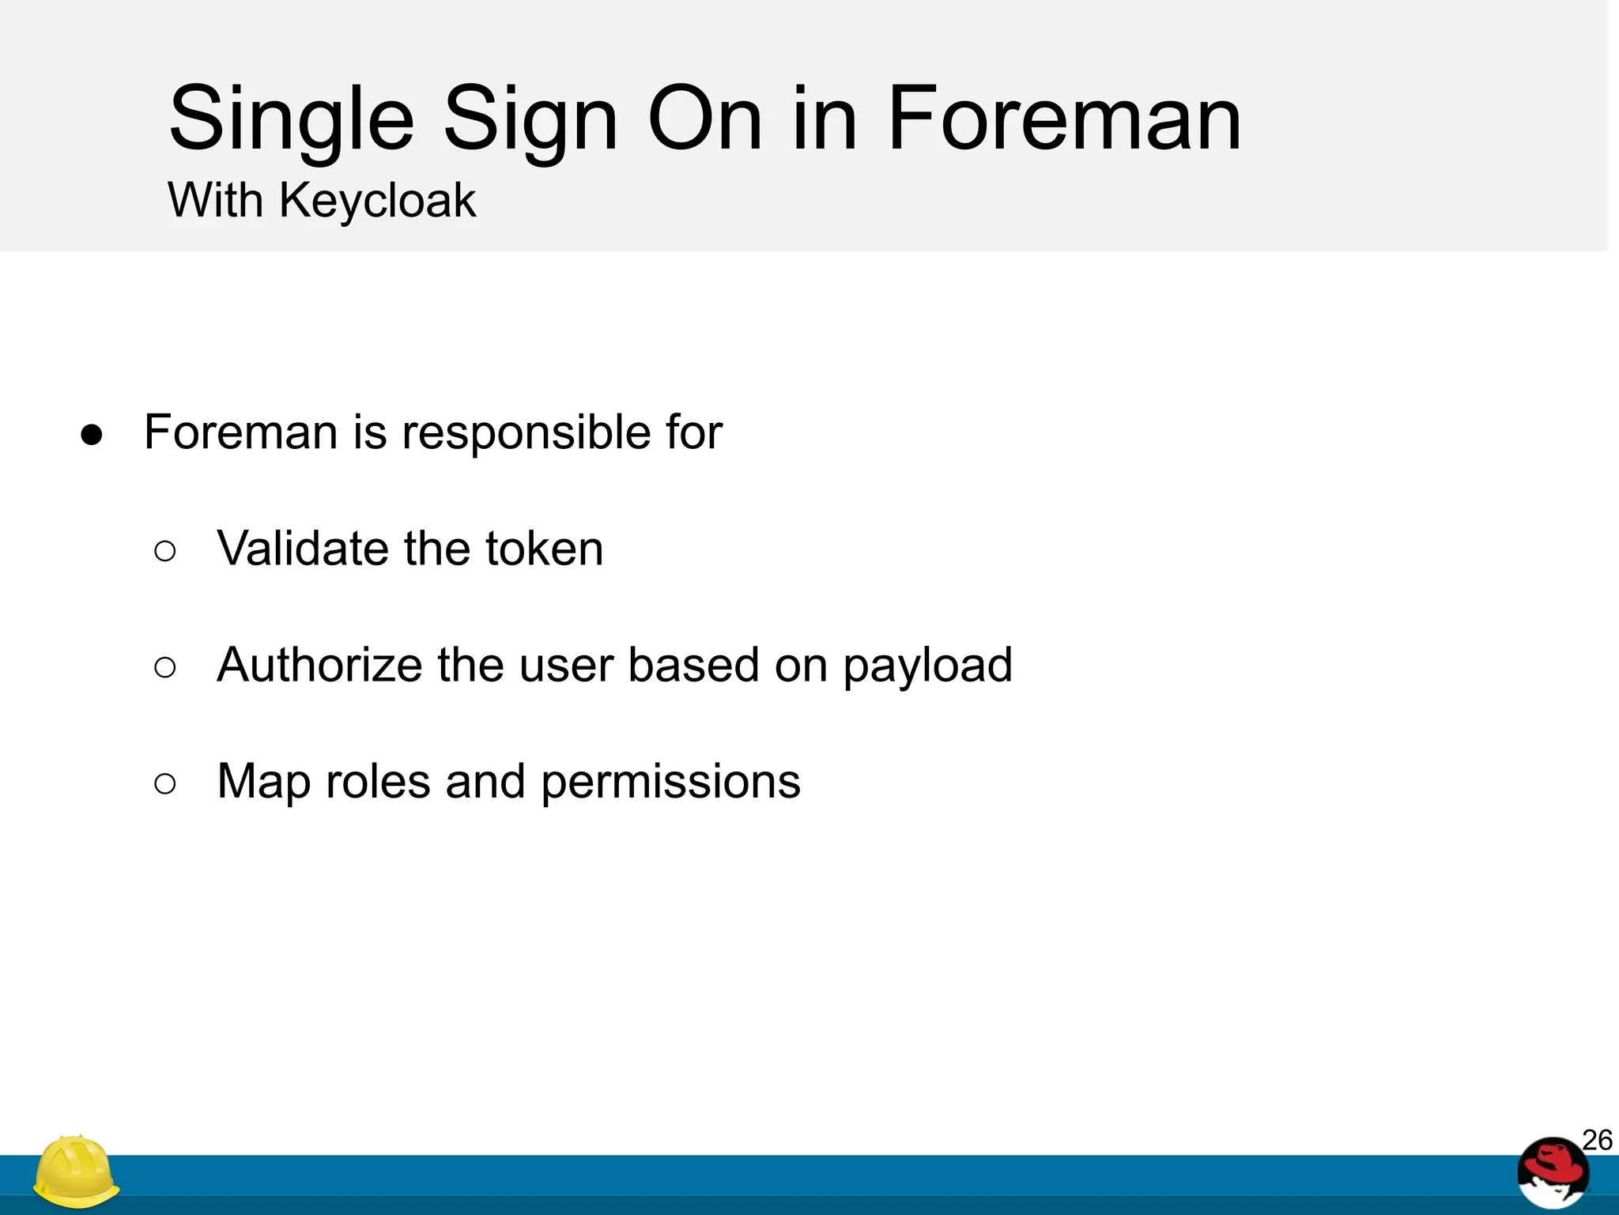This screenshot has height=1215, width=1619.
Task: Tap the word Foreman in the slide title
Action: (x=1064, y=119)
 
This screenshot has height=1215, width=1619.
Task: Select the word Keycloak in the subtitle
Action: (x=377, y=201)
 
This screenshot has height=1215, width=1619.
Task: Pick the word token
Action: (x=544, y=549)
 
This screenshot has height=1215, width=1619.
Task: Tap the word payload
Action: (x=927, y=666)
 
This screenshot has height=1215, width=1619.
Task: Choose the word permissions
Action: (x=670, y=783)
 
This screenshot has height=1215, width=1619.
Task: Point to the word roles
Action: (x=378, y=782)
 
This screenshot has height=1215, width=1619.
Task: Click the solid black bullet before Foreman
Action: (x=92, y=435)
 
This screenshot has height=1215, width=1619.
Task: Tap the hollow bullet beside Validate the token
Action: (x=165, y=551)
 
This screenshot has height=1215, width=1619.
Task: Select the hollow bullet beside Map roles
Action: (x=165, y=784)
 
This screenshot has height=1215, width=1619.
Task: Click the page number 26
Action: (x=1596, y=1141)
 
